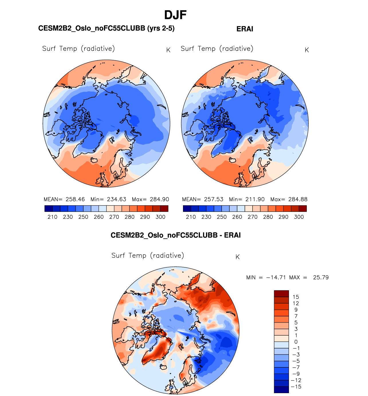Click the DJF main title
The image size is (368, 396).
pos(175,15)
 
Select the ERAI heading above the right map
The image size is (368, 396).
pos(245,29)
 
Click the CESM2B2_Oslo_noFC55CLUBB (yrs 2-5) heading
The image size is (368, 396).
pos(106,28)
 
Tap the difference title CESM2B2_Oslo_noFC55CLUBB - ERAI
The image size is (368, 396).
pos(176,235)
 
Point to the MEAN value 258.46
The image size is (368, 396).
pos(75,199)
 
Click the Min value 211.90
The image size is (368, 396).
pos(255,199)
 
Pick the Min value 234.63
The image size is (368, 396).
pos(117,199)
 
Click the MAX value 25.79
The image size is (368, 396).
pos(321,277)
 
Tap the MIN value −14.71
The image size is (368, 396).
pos(276,277)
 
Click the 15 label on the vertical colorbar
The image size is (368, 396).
pos(296,297)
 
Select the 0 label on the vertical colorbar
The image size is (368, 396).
pos(296,342)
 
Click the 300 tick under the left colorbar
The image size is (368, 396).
pos(160,217)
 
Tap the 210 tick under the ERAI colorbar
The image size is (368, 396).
pos(191,217)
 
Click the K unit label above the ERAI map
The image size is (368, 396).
pos(307,50)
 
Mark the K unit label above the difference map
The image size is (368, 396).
pos(237,257)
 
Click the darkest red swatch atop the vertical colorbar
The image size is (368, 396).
pos(281,294)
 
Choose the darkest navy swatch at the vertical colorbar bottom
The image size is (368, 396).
pos(281,390)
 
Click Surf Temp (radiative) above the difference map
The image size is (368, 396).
pos(147,255)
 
